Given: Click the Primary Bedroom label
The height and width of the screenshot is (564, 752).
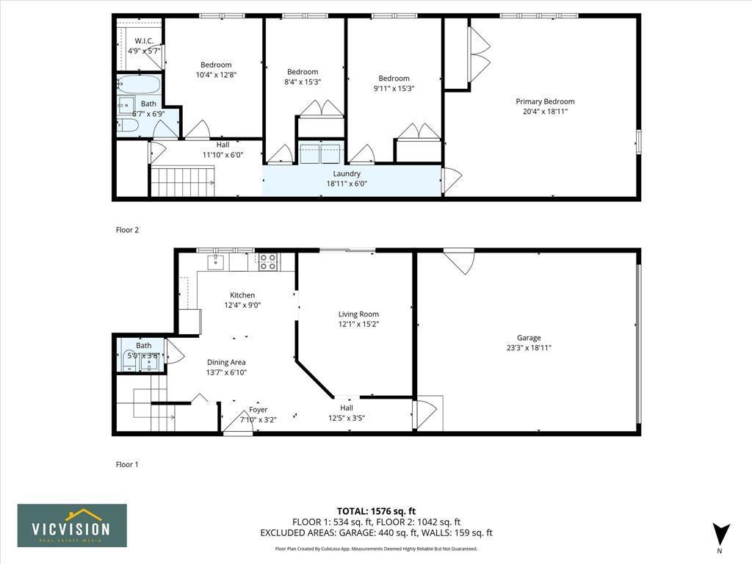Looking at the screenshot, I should click(545, 102).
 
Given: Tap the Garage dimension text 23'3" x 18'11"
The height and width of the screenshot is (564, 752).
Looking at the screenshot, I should click(529, 348).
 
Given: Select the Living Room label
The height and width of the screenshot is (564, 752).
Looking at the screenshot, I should click(358, 314).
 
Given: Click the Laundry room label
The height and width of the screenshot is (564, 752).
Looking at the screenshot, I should click(347, 174).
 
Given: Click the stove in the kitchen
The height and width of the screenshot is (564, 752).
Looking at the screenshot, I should click(268, 261).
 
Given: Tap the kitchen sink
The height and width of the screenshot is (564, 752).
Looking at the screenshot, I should click(218, 261).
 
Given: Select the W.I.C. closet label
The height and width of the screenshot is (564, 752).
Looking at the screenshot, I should click(142, 41).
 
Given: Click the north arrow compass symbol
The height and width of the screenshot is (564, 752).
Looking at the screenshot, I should click(721, 534).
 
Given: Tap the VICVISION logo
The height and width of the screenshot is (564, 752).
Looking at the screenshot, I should click(72, 526).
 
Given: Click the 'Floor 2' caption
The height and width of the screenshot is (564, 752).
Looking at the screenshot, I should click(127, 230).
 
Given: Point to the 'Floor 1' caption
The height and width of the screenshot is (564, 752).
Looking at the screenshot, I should click(127, 464).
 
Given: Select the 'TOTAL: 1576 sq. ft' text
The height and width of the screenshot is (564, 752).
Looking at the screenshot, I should click(376, 511).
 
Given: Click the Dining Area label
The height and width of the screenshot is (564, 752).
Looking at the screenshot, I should click(226, 362).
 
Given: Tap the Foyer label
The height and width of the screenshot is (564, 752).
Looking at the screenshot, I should click(258, 410).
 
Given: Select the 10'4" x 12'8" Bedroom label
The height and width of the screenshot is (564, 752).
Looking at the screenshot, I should click(216, 65).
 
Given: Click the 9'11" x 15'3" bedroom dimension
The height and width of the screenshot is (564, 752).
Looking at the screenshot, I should click(394, 88).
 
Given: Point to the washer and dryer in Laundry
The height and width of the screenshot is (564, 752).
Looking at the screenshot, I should click(320, 153).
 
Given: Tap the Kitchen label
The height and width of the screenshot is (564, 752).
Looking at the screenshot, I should click(242, 295).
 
